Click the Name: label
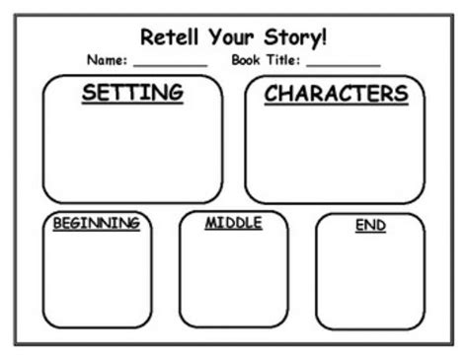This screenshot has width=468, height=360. (x=108, y=60)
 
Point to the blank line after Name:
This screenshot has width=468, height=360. (x=170, y=64)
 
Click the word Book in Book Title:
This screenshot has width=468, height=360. (x=248, y=60)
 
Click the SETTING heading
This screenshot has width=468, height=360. (x=133, y=94)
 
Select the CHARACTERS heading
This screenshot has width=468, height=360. (x=336, y=94)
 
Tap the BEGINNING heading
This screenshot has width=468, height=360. (x=96, y=223)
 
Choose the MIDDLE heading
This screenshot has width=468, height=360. (x=233, y=223)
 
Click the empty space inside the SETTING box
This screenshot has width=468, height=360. (x=133, y=153)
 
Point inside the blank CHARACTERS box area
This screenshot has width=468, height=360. (x=336, y=153)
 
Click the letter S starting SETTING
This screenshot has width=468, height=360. (x=90, y=94)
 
